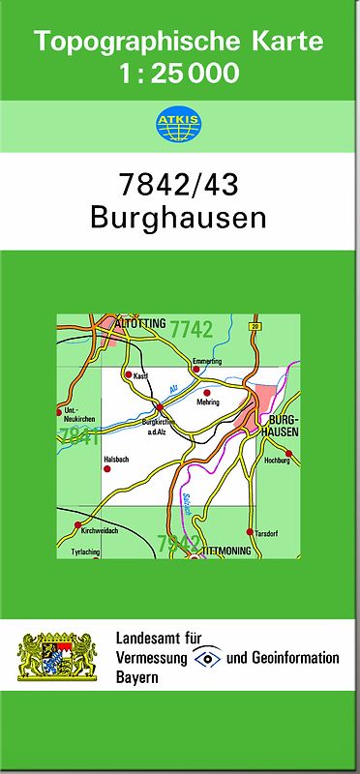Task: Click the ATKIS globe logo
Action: [x=180, y=124]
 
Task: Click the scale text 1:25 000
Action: [x=180, y=74]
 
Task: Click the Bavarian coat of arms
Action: [x=59, y=656]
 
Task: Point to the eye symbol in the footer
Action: [x=208, y=658]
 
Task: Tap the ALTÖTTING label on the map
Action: [x=140, y=323]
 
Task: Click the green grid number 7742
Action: [x=191, y=329]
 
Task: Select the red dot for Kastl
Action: [x=128, y=373]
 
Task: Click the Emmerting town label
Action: [x=207, y=361]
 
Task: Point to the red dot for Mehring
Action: [x=207, y=392]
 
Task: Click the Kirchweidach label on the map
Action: [x=100, y=531]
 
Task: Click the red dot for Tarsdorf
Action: [x=251, y=532]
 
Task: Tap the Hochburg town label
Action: [x=277, y=461]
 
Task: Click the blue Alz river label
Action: [x=174, y=389]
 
